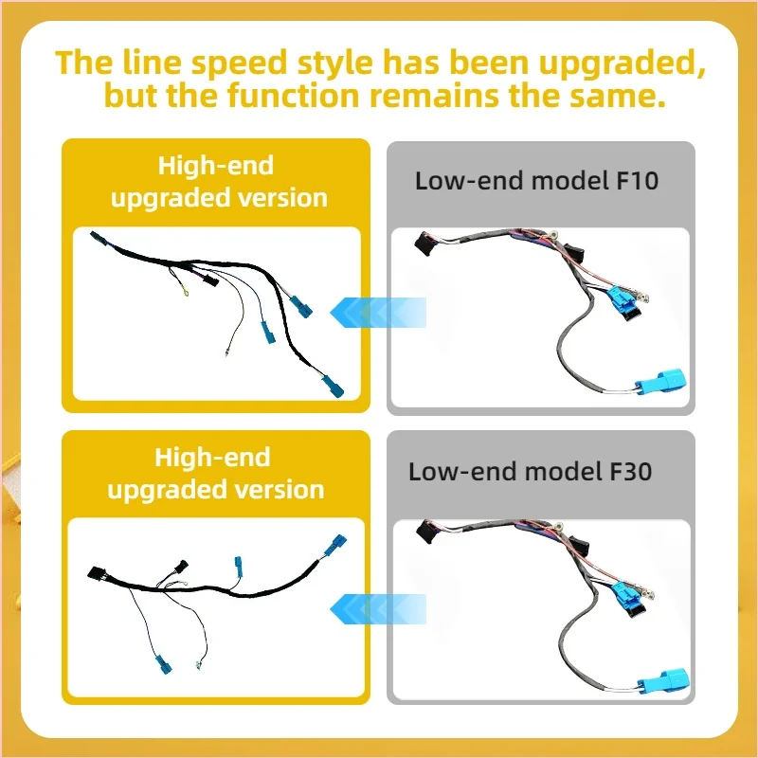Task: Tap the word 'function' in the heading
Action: point(294,95)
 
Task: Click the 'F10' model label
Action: point(637,181)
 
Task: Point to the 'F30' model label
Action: point(630,471)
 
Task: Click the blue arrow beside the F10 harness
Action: point(377,313)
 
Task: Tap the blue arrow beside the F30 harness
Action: point(377,608)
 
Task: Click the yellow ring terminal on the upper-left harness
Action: point(186,292)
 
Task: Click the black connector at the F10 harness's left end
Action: point(424,243)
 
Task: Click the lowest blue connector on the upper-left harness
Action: point(334,386)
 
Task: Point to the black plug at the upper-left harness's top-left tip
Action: point(99,239)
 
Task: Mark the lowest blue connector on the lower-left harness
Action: point(163,664)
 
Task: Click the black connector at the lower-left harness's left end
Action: point(98,573)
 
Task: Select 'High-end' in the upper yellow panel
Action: point(216,165)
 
